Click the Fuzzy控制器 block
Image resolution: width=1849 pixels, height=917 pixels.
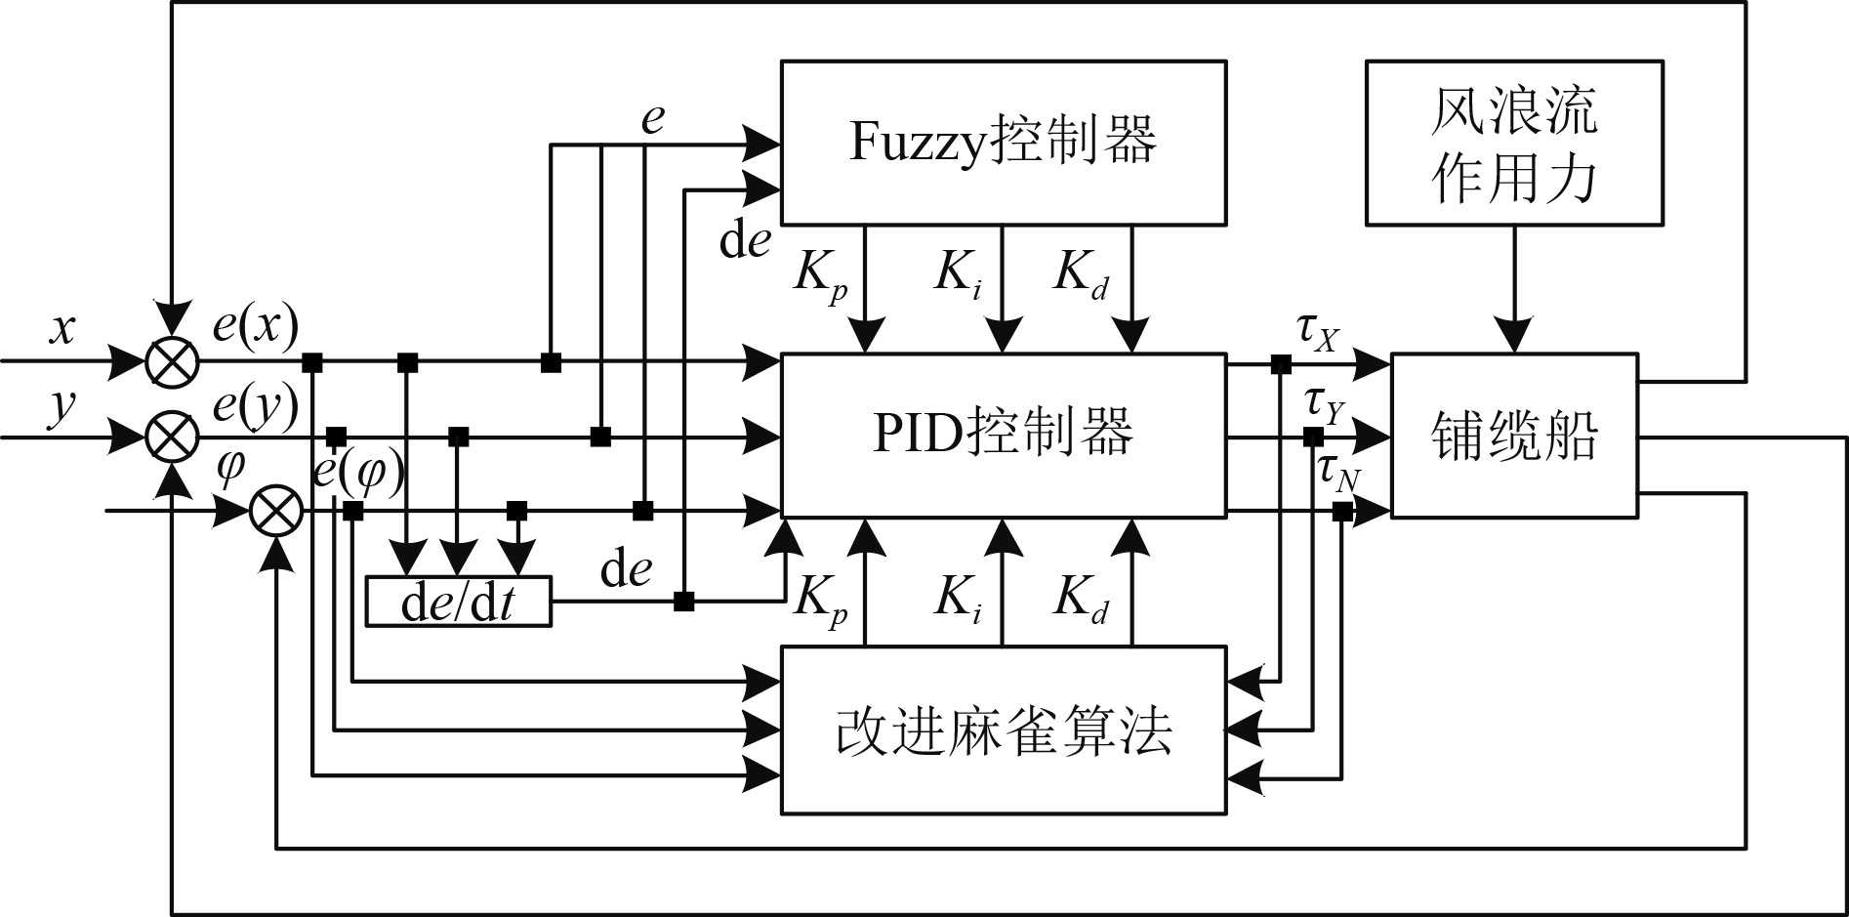click(x=1003, y=143)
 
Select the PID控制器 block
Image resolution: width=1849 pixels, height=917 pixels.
click(x=1003, y=435)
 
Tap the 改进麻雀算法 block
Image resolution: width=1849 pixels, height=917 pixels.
click(x=1003, y=729)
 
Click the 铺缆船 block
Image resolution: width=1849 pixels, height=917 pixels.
click(x=1513, y=435)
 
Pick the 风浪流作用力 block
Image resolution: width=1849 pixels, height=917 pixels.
click(x=1513, y=143)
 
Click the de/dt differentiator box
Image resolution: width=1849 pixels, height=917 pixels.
click(x=458, y=602)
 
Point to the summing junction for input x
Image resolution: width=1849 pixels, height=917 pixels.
click(x=173, y=362)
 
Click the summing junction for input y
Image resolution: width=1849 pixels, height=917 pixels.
click(x=173, y=437)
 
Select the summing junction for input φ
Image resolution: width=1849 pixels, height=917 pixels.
click(x=276, y=511)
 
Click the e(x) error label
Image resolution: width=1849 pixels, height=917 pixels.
click(x=255, y=325)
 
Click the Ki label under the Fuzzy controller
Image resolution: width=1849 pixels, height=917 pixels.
click(x=958, y=273)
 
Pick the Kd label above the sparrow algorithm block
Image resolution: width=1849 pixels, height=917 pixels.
click(x=1081, y=599)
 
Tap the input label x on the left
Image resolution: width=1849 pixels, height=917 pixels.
click(x=62, y=328)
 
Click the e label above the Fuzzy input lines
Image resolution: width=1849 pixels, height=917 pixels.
click(x=652, y=119)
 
